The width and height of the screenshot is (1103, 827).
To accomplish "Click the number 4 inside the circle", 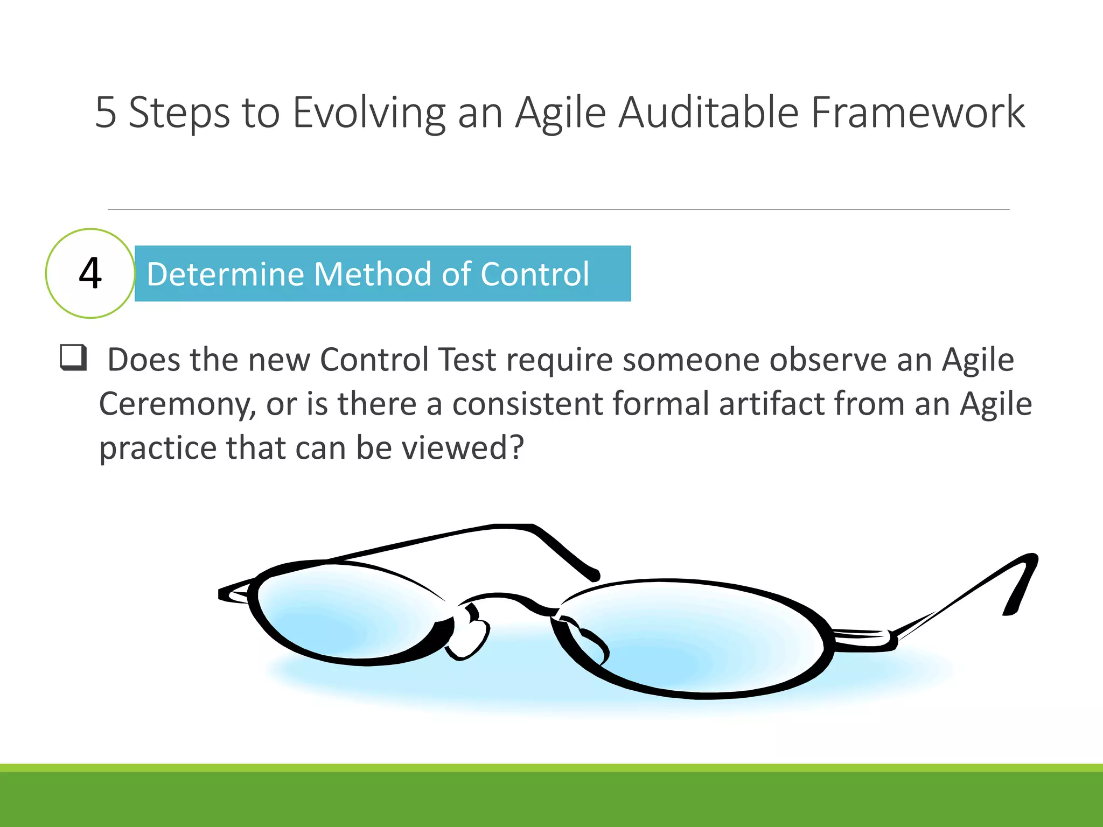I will (90, 274).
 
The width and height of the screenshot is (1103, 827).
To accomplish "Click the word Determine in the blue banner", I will (225, 274).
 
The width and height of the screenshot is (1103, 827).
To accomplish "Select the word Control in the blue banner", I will (534, 274).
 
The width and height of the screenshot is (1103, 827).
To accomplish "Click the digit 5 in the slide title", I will (106, 113).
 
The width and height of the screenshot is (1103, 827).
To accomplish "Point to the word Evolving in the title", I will (369, 113).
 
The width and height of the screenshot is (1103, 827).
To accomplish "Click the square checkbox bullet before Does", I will (73, 358).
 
